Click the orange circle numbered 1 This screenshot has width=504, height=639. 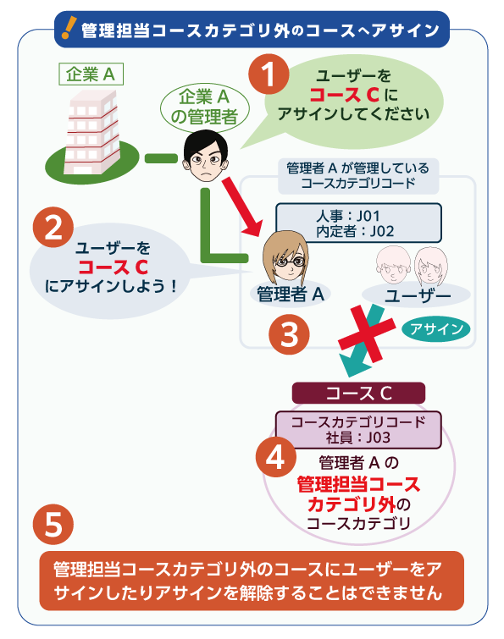(269, 74)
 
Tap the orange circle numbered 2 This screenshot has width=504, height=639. (53, 228)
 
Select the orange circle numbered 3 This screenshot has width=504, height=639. (289, 334)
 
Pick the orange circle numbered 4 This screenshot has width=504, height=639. (276, 457)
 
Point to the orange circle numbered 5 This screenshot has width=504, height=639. (53, 524)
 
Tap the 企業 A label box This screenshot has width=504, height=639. (91, 74)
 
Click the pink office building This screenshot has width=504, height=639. (92, 132)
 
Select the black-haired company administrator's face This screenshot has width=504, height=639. (206, 156)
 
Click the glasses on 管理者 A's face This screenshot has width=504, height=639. (291, 261)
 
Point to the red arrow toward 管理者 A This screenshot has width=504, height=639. (241, 207)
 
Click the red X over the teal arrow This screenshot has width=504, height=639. (367, 334)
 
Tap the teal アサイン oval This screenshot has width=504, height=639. (436, 328)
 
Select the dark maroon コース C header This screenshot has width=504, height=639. (358, 393)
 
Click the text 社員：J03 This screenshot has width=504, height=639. (357, 438)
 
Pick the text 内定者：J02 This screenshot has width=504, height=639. (354, 231)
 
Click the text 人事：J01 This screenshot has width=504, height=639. (348, 215)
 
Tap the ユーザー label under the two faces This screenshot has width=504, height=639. (418, 295)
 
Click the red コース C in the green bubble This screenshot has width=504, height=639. (344, 95)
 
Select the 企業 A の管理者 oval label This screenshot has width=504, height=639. (204, 107)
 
